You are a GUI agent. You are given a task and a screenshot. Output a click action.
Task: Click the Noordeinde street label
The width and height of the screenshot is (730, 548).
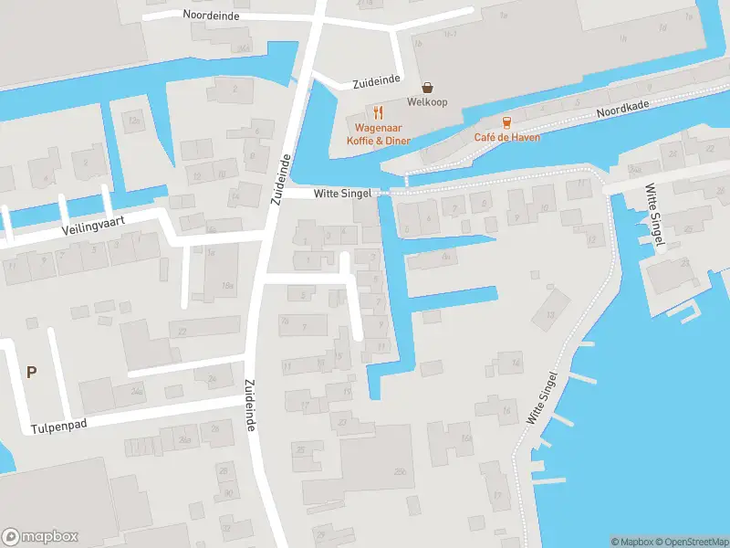210,15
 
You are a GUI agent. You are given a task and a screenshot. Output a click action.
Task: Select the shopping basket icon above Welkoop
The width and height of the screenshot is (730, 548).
426,88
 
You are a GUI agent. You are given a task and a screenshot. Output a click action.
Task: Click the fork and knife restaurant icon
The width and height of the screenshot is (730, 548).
379,112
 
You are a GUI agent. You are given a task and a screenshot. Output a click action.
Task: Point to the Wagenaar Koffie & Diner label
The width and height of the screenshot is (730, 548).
379,134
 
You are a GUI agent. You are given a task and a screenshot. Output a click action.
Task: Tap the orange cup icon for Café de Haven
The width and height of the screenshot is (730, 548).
506,121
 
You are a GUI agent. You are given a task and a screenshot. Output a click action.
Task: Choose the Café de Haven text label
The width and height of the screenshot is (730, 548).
506,138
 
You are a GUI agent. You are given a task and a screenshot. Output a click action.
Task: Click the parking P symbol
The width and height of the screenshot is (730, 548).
32,372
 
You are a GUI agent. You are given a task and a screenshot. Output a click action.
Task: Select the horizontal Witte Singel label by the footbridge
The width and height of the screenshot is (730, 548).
342,194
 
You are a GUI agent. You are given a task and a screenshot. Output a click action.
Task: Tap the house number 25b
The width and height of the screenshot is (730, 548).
399,470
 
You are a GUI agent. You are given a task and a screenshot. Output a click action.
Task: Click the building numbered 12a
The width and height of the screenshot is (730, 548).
135,120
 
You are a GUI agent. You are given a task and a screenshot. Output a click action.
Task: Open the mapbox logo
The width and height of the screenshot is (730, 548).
40,537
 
